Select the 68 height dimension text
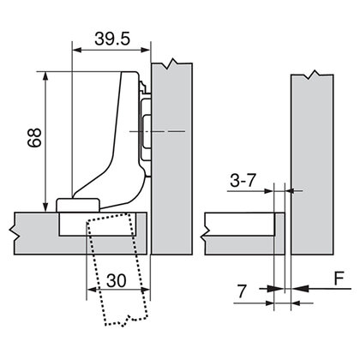(32, 141)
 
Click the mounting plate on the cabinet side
(146, 129)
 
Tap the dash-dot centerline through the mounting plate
(171, 130)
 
